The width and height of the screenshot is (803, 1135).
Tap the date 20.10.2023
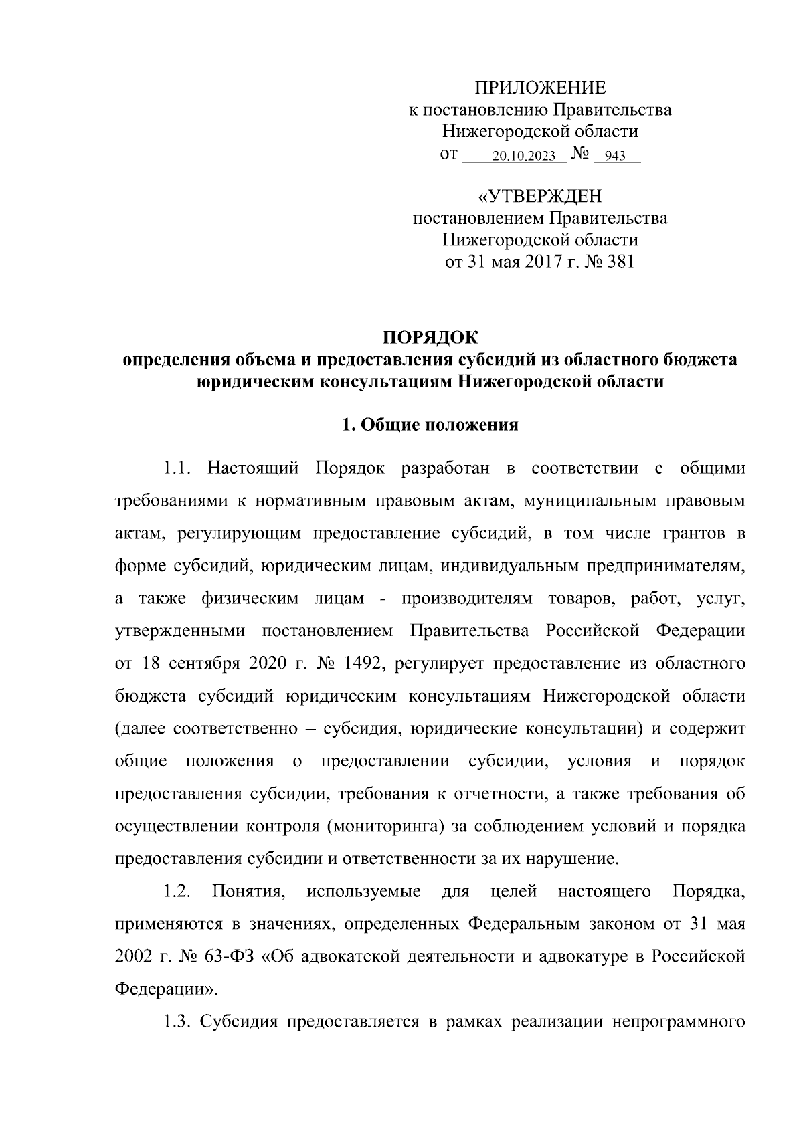(523, 157)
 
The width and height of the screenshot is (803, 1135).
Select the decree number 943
(614, 157)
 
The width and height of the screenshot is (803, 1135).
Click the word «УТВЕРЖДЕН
(539, 196)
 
